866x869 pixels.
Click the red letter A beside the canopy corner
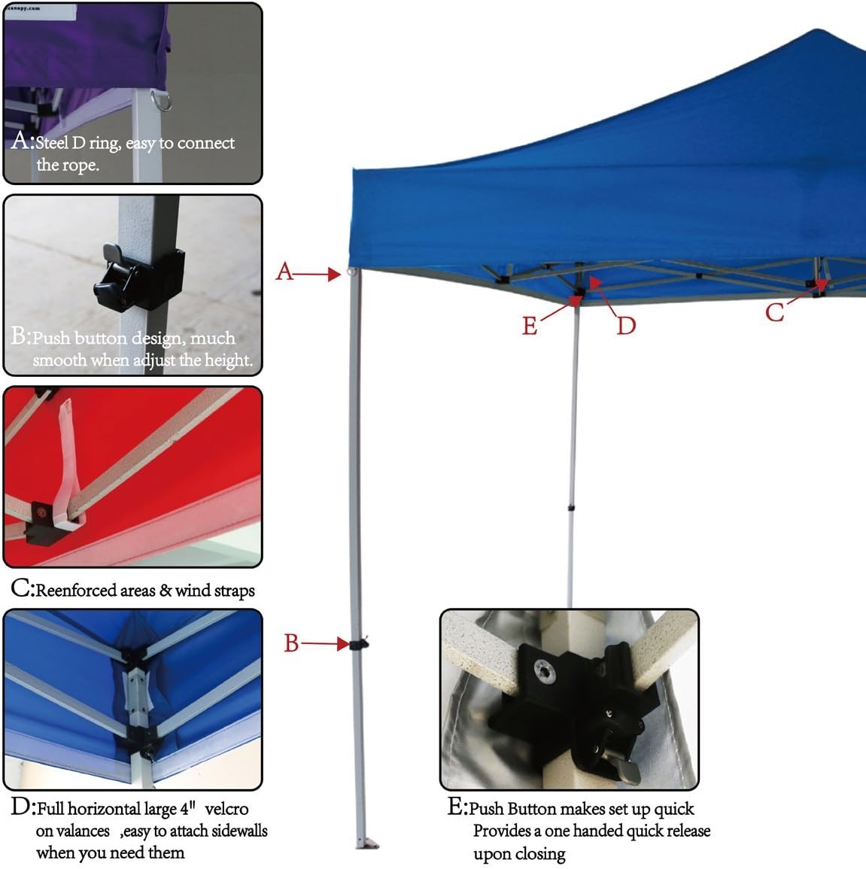[x=285, y=272]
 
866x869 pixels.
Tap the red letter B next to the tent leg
[x=291, y=643]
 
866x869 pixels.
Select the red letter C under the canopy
[x=774, y=312]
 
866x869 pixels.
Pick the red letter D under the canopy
[x=626, y=326]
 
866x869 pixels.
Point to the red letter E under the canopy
[x=530, y=326]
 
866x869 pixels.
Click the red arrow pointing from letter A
[x=317, y=274]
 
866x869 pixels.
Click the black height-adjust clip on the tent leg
[x=360, y=643]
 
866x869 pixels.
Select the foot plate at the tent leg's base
[x=367, y=843]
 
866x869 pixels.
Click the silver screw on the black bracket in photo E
[x=545, y=671]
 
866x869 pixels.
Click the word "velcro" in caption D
[x=226, y=809]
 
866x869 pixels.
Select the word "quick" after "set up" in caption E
[x=673, y=809]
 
